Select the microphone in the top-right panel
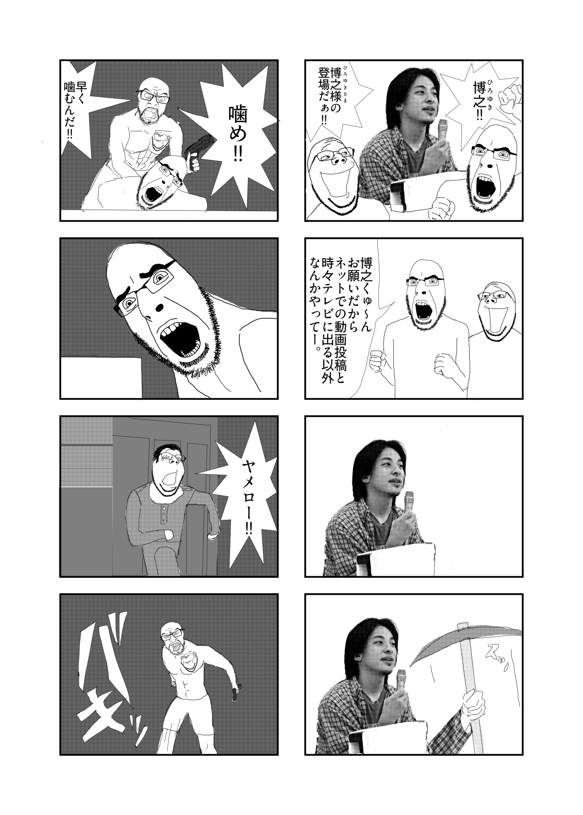click(x=442, y=129)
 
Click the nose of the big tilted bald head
click(x=159, y=307)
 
